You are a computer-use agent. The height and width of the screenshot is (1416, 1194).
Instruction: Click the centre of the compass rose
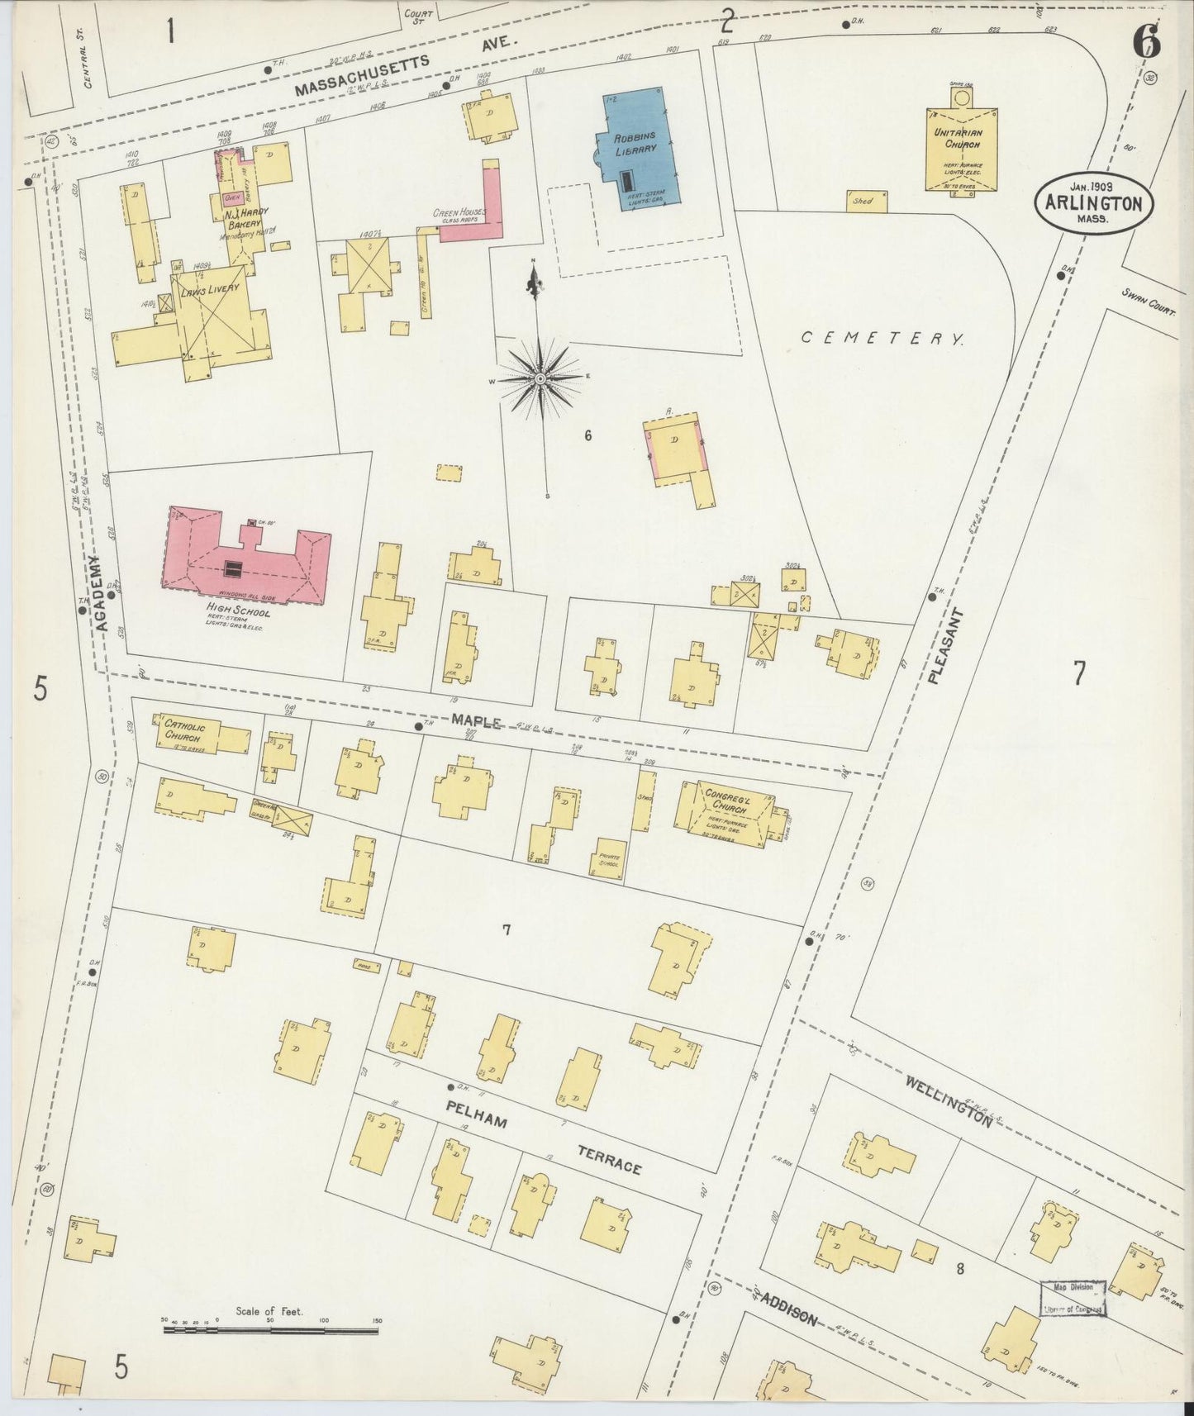click(540, 378)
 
